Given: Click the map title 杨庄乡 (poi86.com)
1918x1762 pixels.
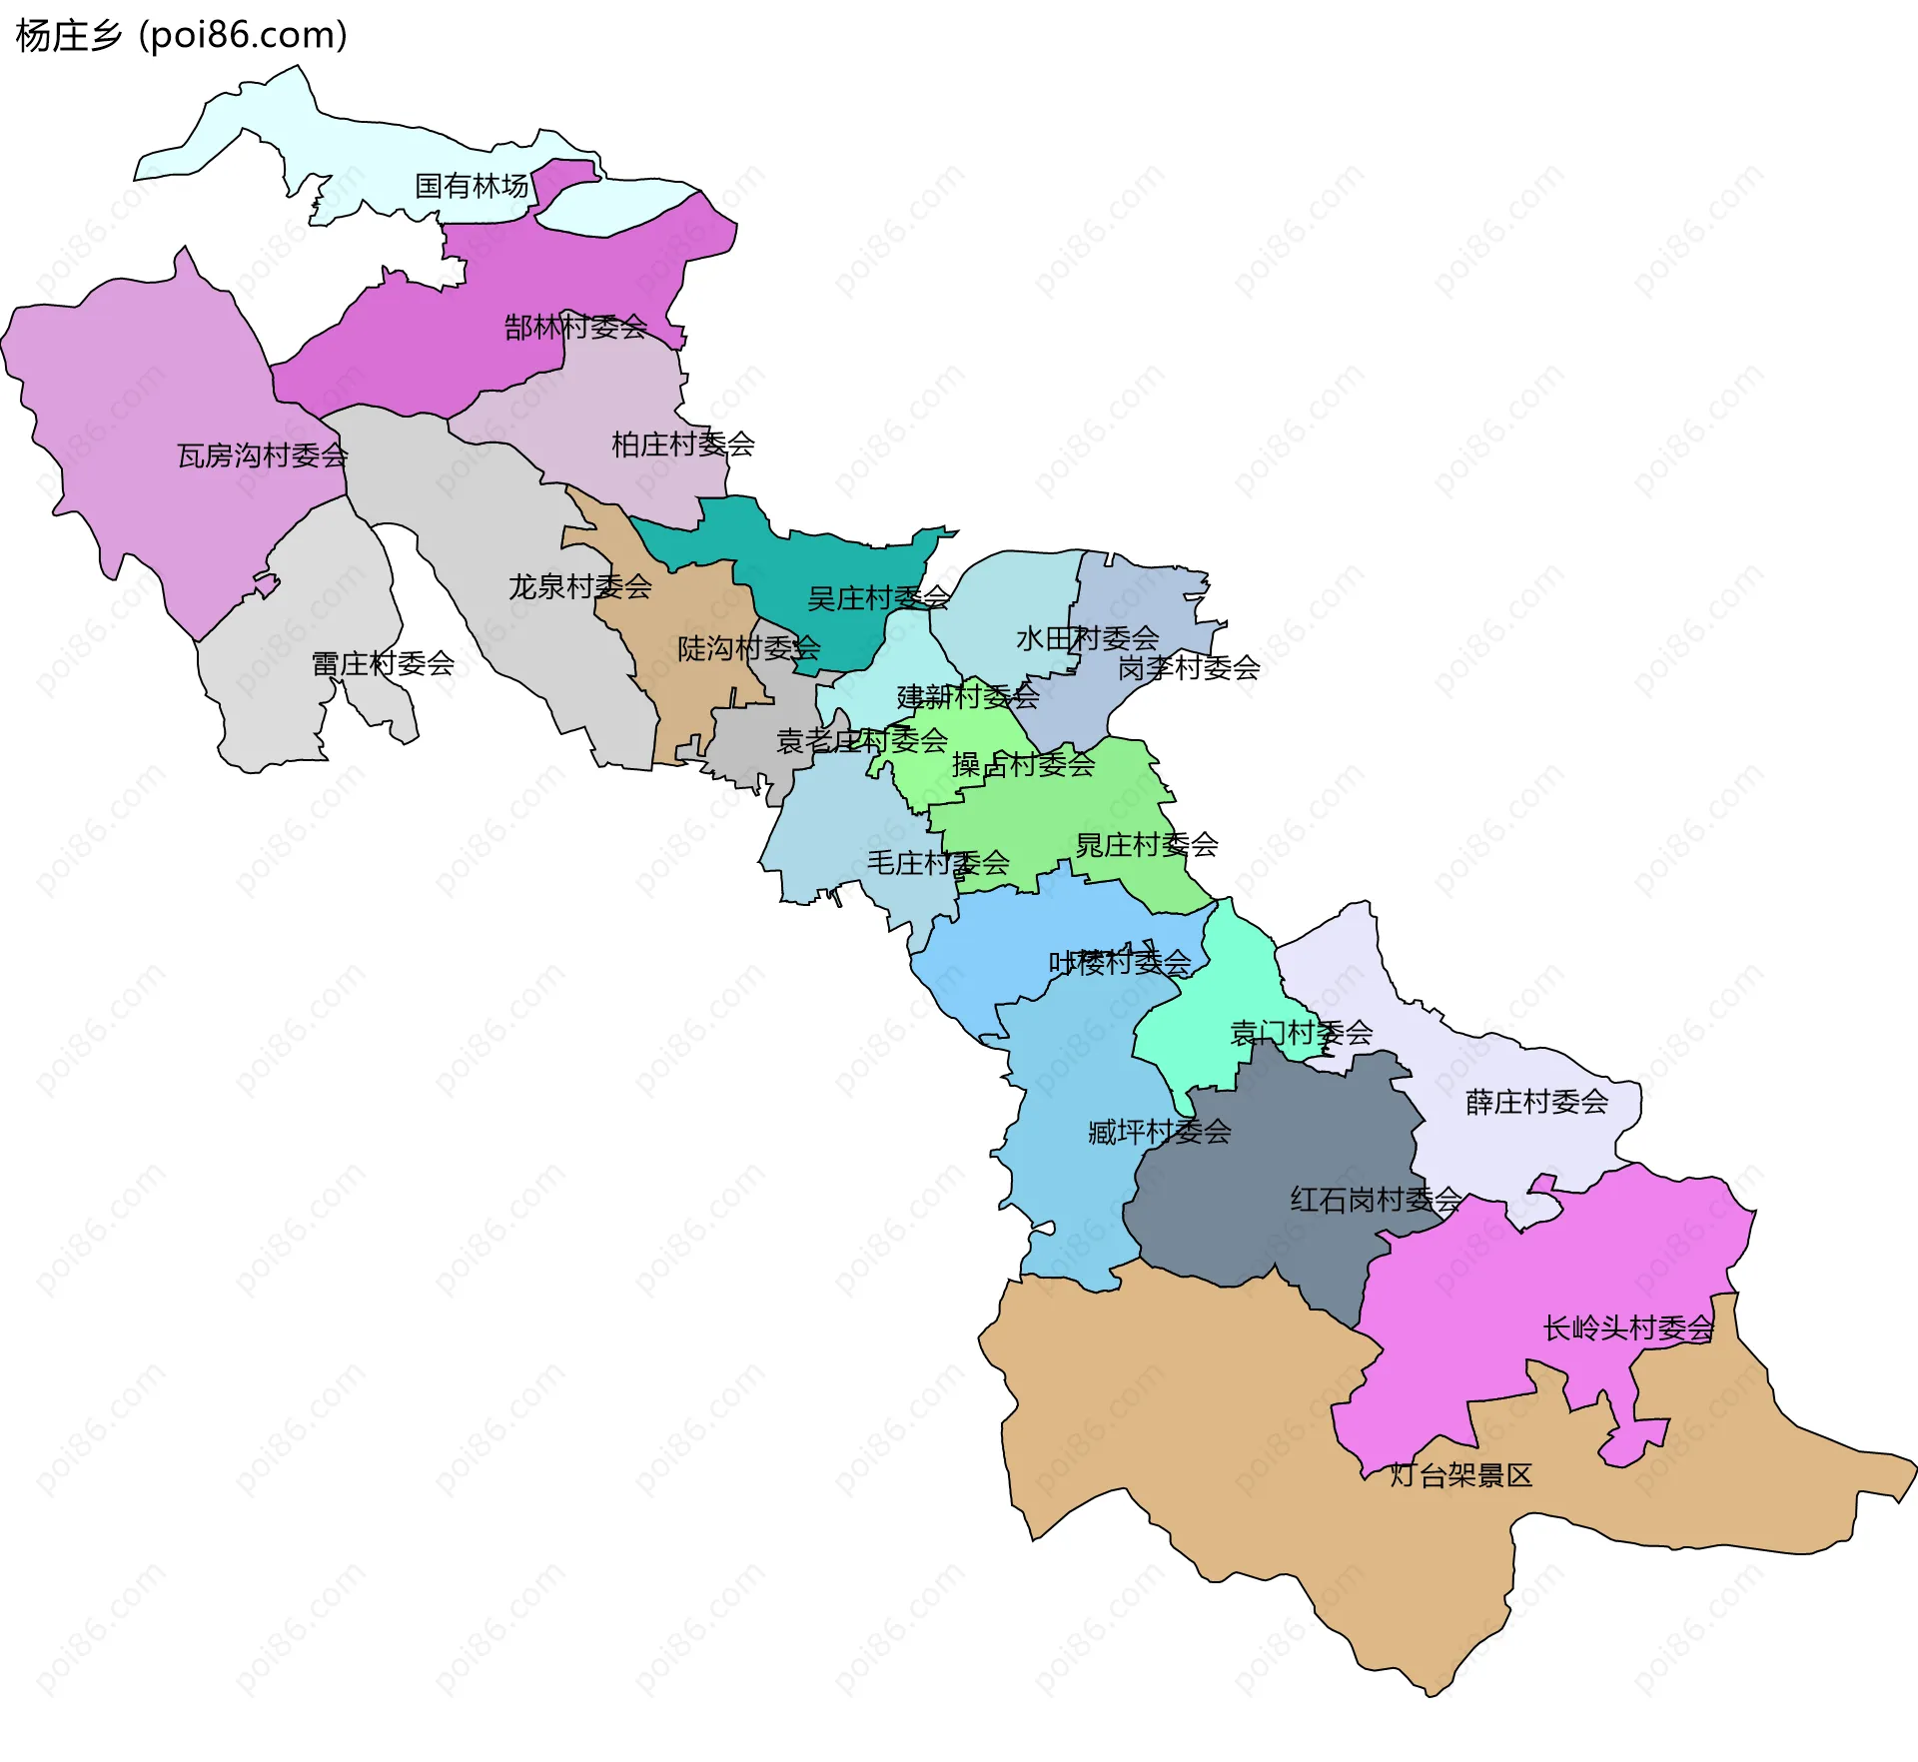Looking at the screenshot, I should tap(181, 36).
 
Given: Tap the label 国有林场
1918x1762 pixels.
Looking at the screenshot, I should tap(472, 186).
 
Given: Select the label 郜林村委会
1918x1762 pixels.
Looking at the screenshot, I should tap(575, 327).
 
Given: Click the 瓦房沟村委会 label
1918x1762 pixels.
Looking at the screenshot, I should tap(262, 455).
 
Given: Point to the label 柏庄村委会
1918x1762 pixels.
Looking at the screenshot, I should tap(682, 444).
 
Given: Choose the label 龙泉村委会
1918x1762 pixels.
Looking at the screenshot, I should tap(579, 586).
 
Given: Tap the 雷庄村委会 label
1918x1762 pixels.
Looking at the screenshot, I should tap(383, 663).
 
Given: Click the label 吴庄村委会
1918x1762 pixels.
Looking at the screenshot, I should tap(878, 598).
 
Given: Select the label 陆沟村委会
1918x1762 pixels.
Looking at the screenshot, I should tap(748, 648).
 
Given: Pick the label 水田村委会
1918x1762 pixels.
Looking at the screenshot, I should tap(1087, 638).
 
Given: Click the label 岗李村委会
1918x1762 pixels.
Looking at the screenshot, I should tap(1189, 667).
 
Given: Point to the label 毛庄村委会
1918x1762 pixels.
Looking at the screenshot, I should tap(937, 862).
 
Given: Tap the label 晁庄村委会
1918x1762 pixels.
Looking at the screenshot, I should tap(1146, 845).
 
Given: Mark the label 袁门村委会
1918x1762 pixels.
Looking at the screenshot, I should tap(1301, 1032).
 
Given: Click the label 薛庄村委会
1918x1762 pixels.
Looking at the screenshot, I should tap(1536, 1102).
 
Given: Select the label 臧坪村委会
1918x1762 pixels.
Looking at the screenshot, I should tap(1159, 1132).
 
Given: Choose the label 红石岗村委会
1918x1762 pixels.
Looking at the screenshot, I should tap(1376, 1200).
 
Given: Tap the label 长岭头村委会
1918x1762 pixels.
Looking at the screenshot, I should tap(1628, 1328).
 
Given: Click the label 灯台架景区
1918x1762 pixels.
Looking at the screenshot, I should tap(1460, 1475).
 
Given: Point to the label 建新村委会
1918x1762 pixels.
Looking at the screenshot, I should tap(967, 696).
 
